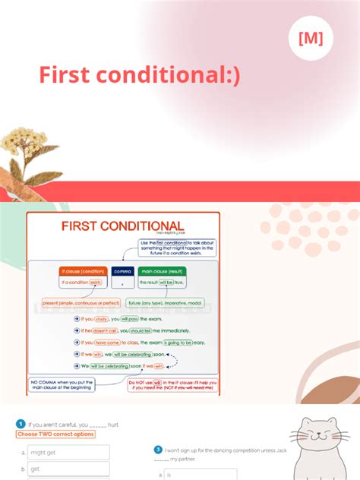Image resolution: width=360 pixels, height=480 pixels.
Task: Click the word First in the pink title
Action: coord(67,74)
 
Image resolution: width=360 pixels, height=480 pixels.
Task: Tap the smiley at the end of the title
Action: coord(232,75)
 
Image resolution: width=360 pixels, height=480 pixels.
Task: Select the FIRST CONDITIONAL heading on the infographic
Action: coord(122,226)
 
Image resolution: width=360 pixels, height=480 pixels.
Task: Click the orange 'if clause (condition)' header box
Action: coord(81,271)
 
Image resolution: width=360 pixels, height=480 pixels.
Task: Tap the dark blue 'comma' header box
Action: coord(122,271)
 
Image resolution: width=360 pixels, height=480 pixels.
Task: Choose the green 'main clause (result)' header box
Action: coord(162,271)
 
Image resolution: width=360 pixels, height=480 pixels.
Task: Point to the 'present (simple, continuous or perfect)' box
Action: coord(81,302)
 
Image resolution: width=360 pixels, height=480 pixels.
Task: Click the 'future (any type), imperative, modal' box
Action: coord(164,302)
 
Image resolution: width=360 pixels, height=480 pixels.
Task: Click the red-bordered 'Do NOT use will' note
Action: coord(172,384)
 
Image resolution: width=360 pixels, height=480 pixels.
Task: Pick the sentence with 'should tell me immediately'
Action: coord(133,331)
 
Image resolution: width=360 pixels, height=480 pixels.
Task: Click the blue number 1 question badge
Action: coord(21,424)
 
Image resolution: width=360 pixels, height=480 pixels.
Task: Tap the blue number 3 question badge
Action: coord(158,450)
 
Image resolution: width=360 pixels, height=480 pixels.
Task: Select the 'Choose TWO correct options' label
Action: coord(55,434)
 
